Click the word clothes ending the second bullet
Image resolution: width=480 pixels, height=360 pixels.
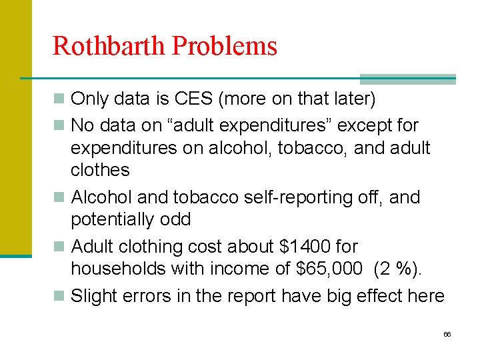[100, 170]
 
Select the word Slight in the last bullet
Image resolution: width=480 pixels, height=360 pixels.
[96, 295]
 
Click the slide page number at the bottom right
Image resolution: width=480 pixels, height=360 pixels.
[447, 334]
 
